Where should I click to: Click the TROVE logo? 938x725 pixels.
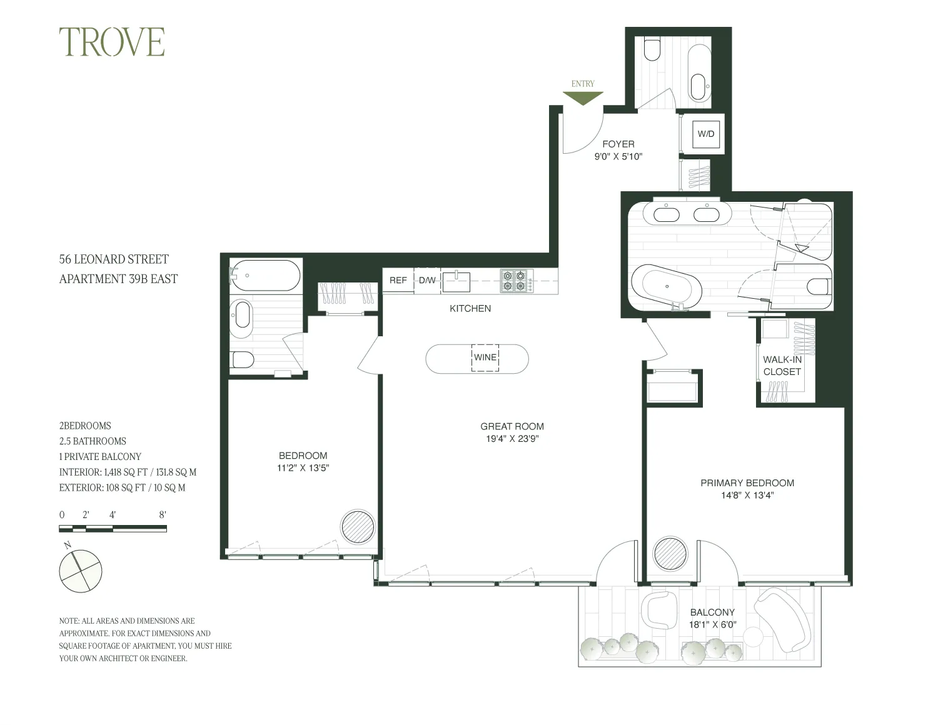(112, 42)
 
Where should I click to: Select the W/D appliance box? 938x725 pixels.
(706, 134)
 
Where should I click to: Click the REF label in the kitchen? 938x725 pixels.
(398, 280)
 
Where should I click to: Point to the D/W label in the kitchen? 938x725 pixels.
(428, 280)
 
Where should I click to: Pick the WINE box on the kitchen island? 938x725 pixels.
(485, 358)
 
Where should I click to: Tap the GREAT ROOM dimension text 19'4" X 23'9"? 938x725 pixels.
(512, 439)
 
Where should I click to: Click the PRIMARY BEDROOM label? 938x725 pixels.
(747, 483)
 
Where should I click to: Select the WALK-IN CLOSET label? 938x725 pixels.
(782, 366)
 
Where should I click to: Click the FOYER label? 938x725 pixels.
(618, 144)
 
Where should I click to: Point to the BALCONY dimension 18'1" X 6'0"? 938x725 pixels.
(712, 624)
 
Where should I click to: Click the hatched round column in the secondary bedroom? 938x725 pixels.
(358, 527)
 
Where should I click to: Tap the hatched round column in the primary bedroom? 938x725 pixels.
(670, 553)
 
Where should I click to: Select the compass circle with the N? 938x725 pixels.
(80, 571)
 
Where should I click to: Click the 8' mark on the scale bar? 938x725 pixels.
(163, 516)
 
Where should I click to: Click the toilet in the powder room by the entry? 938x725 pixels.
(652, 50)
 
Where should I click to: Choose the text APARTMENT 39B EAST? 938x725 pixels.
(118, 279)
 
